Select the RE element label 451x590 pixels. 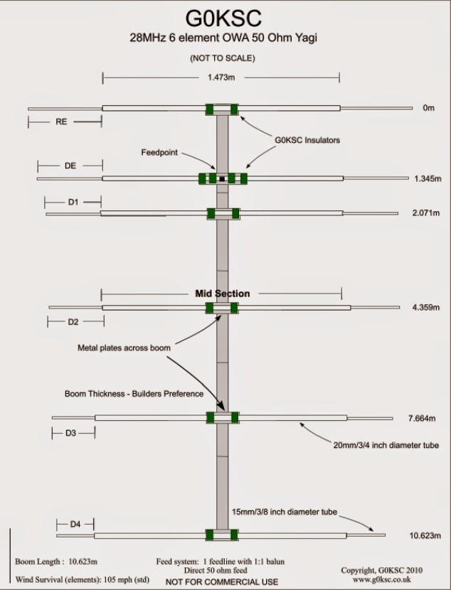(61, 122)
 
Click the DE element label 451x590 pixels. (70, 166)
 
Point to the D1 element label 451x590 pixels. (73, 203)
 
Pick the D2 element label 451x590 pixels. (73, 322)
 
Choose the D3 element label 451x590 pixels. (71, 433)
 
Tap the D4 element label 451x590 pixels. (75, 525)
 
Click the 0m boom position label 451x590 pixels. (428, 109)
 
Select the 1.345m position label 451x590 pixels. (428, 178)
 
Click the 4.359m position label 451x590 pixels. (426, 308)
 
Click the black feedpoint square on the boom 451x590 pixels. (223, 178)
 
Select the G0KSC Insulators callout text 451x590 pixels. (307, 140)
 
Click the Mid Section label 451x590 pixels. (222, 293)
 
